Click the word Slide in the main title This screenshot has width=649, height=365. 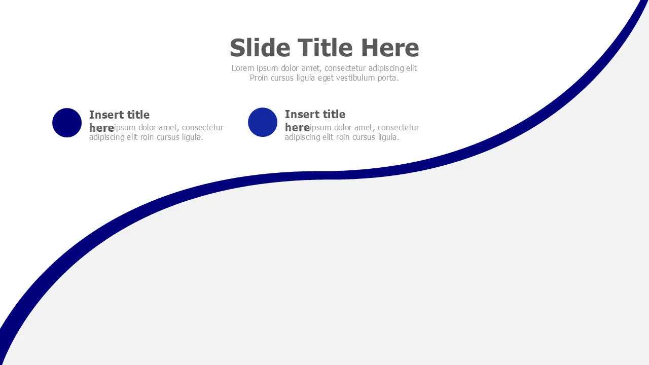tap(260, 48)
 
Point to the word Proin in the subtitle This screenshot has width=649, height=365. tap(259, 78)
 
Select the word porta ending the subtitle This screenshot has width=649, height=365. tap(387, 78)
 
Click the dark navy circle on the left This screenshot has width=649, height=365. tap(67, 123)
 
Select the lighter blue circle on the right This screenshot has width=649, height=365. tap(263, 122)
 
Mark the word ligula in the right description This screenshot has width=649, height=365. tap(387, 137)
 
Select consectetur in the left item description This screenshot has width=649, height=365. tap(203, 128)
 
